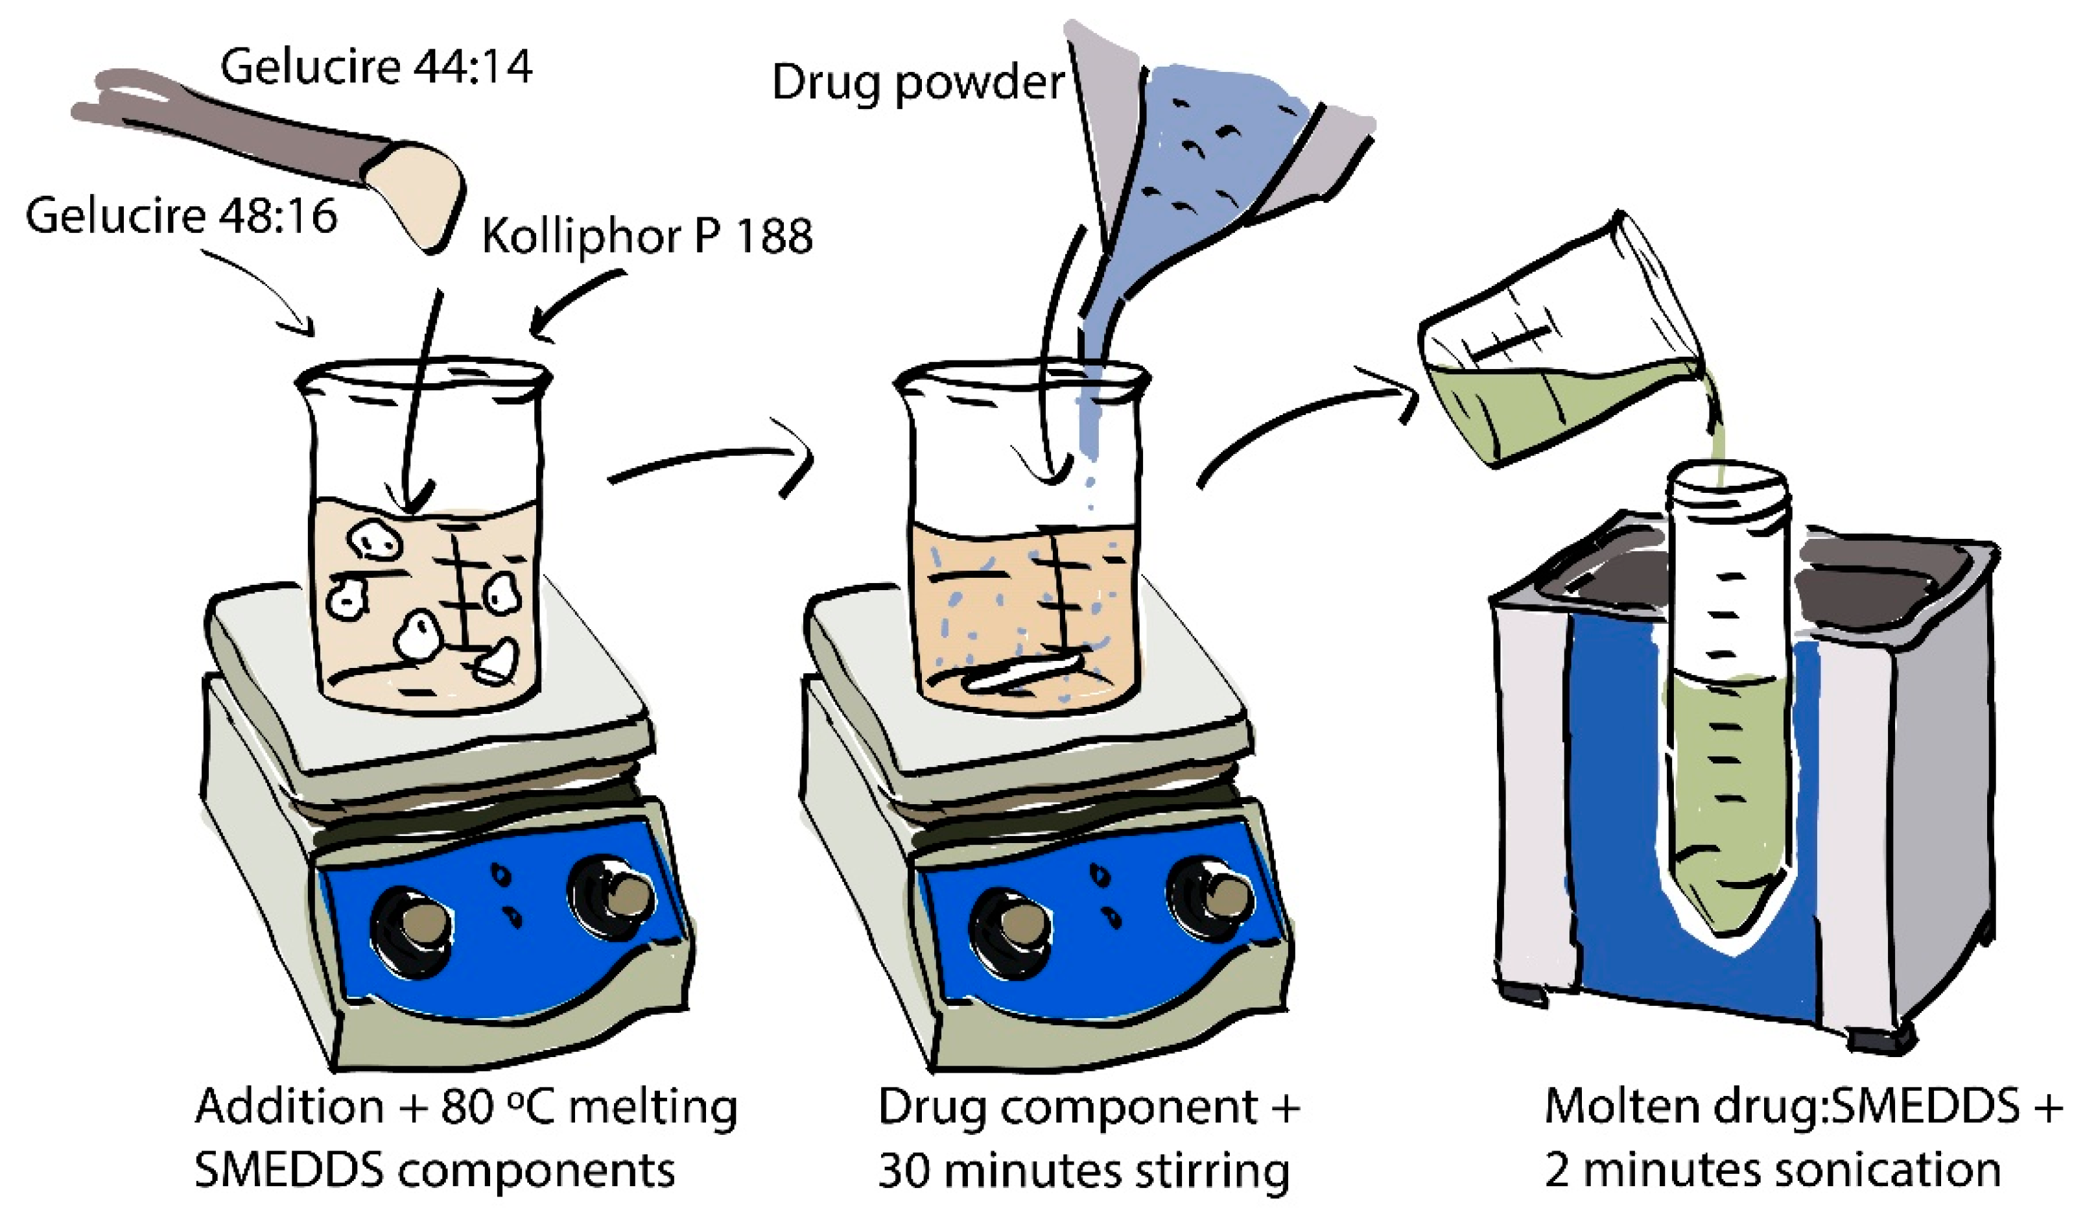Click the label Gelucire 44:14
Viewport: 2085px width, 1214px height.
(x=377, y=66)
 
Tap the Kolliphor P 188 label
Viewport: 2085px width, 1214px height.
(x=647, y=236)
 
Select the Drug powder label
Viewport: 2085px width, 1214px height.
(x=917, y=83)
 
